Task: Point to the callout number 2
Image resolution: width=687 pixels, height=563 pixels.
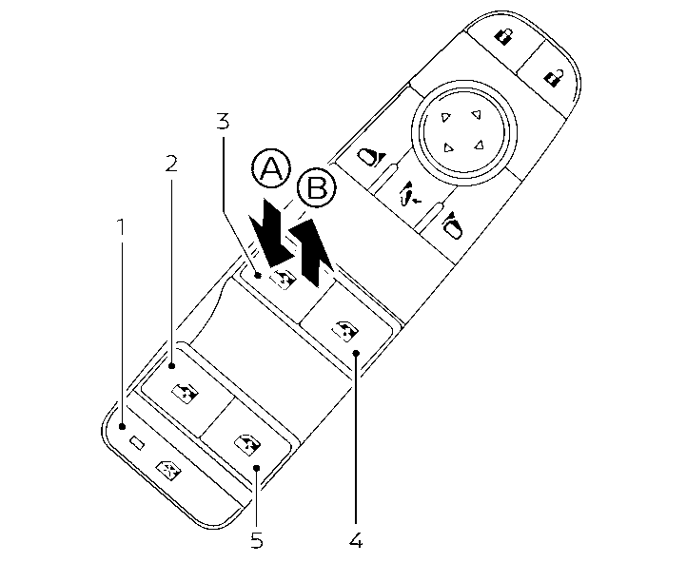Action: coord(171,163)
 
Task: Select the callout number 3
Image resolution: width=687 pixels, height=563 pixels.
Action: coord(223,121)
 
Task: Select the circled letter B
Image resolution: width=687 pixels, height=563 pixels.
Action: coord(315,188)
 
